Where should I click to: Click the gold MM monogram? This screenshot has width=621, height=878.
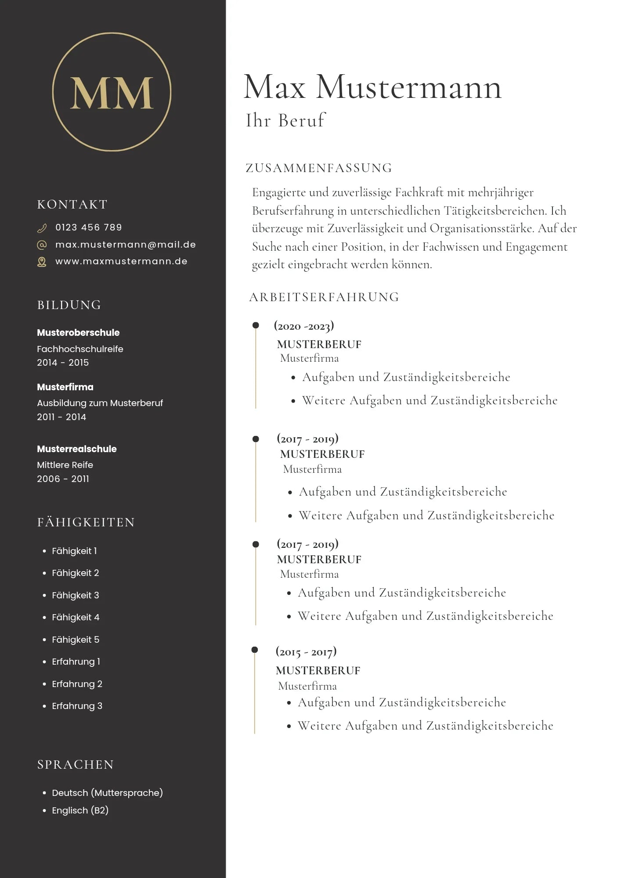112,93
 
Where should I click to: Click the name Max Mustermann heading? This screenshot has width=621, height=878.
372,87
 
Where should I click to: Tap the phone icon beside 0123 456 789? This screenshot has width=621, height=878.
42,228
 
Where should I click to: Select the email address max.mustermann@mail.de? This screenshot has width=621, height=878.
125,245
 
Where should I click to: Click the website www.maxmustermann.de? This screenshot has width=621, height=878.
121,261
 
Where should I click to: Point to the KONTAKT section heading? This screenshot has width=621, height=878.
72,205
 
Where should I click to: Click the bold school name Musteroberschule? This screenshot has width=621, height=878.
78,333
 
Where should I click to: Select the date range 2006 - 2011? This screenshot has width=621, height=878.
63,479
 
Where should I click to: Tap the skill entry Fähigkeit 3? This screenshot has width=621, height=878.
76,595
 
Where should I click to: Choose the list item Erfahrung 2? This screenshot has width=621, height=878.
77,684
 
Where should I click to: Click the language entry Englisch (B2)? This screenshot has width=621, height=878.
80,810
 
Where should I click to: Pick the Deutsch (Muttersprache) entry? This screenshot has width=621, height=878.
107,793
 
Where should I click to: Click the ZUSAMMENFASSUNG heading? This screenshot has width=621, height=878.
319,168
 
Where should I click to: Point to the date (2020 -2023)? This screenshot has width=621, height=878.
304,326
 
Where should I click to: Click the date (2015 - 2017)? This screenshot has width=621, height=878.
306,651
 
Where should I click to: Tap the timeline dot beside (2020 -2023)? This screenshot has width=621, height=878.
256,325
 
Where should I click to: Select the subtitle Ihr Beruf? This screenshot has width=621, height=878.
285,121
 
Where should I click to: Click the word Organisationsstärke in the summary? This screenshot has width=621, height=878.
481,229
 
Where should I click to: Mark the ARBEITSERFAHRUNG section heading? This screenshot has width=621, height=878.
324,297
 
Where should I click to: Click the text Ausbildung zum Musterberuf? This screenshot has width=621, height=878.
100,403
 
